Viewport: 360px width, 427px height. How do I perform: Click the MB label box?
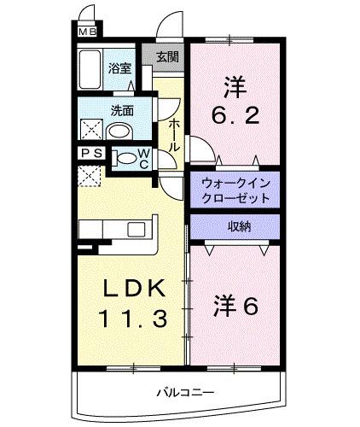click(x=88, y=32)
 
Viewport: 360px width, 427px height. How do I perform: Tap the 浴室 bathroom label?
click(x=119, y=68)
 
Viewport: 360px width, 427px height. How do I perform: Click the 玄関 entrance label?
click(x=167, y=57)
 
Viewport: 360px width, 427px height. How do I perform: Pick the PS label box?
click(x=91, y=154)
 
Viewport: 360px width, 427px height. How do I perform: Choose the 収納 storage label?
click(x=238, y=225)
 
